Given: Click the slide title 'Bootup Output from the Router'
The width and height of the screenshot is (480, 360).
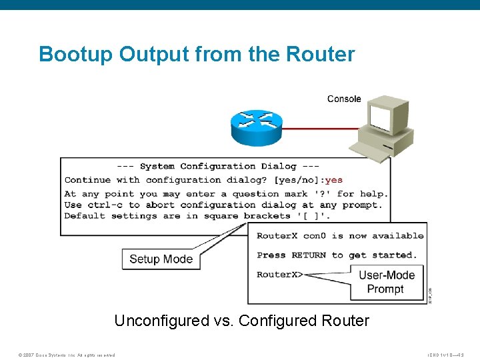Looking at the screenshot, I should click(197, 53).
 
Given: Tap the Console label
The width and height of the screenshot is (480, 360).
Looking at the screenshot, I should click(344, 99).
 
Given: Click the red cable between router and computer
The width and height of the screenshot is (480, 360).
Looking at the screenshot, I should click(320, 127).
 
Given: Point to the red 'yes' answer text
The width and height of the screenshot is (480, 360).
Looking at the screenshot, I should click(334, 179).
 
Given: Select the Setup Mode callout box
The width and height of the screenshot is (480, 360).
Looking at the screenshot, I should click(161, 259).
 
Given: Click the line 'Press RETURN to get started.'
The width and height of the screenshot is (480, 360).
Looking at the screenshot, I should click(337, 255).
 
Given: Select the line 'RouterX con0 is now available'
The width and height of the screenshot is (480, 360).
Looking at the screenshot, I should click(339, 235).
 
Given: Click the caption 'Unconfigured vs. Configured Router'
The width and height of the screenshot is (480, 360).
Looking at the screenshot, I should click(241, 321).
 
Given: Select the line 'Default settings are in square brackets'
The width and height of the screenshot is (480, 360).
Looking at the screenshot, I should click(197, 215).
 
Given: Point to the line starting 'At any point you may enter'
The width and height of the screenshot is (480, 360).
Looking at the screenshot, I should click(225, 194).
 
